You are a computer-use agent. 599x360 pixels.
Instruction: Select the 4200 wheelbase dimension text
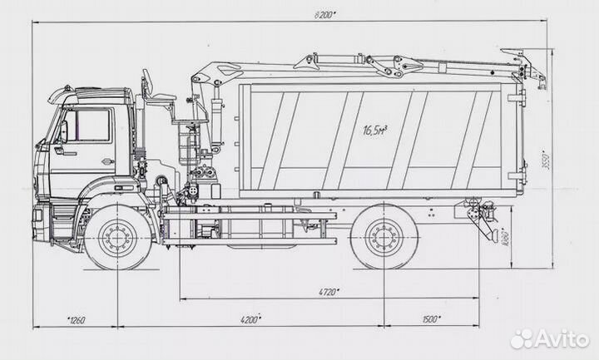coord(249,318)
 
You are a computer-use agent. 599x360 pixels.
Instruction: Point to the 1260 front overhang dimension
coord(76,319)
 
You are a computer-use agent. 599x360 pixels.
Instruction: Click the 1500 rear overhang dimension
coord(429,318)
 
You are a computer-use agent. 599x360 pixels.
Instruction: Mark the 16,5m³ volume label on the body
coord(374,130)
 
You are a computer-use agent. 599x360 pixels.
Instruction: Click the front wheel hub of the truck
coord(117,236)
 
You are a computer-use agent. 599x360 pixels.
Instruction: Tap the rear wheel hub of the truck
coord(384,236)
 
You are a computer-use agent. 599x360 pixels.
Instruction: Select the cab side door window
coord(89,126)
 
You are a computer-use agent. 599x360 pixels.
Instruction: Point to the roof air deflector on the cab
coord(64,93)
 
